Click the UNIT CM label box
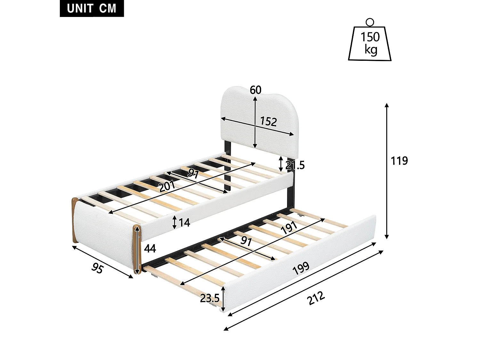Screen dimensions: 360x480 (x=92, y=8)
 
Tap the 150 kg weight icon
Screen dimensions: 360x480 (x=370, y=43)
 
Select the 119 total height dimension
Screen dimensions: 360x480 (x=399, y=161)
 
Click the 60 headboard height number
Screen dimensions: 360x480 (x=255, y=90)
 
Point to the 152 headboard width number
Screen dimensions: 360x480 (x=268, y=122)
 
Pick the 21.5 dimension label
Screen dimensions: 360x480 (x=295, y=165)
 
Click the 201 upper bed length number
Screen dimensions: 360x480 (x=167, y=186)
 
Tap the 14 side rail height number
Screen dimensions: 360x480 (x=184, y=222)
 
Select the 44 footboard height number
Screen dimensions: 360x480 (x=150, y=248)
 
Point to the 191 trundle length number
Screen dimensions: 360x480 (x=289, y=228)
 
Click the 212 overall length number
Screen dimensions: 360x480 (x=316, y=298)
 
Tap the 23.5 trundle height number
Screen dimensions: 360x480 (x=210, y=298)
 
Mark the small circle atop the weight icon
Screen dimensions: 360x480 (x=370, y=22)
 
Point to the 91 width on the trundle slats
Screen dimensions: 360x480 (x=246, y=241)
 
